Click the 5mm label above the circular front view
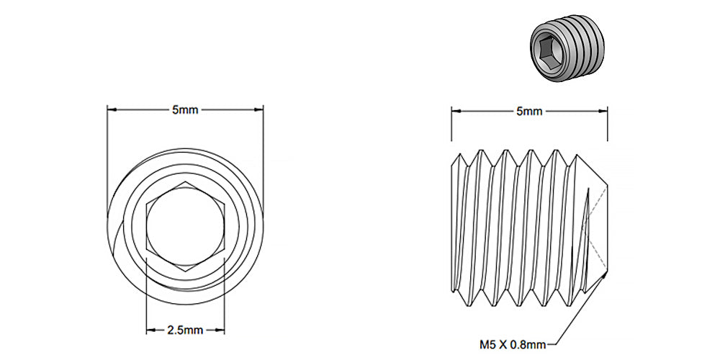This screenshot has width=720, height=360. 184,110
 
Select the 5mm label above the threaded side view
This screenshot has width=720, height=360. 528,111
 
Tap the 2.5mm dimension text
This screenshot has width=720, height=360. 184,330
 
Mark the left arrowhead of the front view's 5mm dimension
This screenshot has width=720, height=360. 111,110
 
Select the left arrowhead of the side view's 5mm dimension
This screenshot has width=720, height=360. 454,111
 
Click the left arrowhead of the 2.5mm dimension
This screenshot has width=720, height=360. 150,330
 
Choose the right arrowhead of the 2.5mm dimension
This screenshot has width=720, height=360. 221,330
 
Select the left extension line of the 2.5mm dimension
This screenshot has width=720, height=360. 146,295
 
